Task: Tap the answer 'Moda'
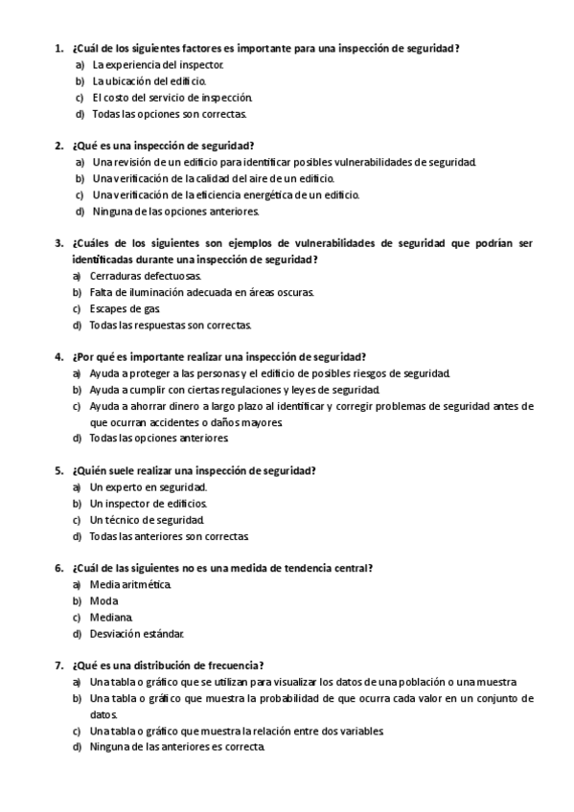(104, 600)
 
